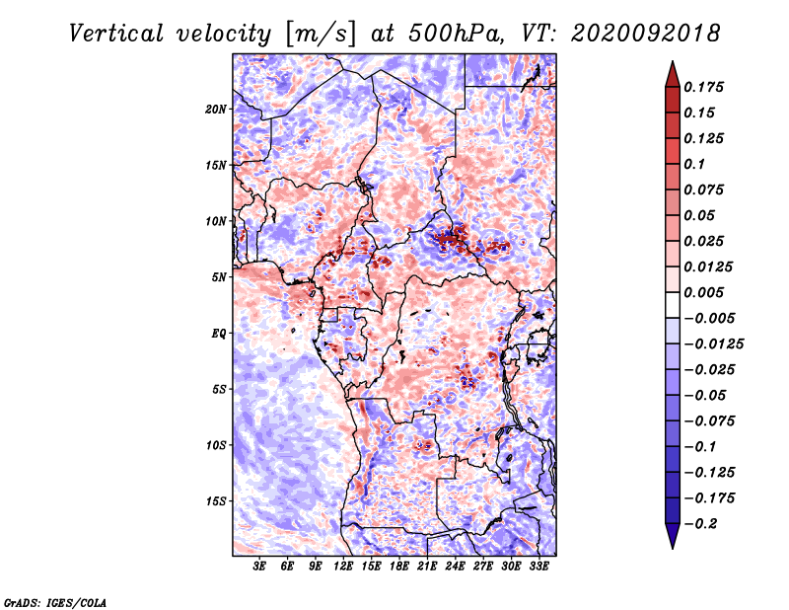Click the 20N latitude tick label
point(216,110)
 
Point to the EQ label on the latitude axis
point(219,334)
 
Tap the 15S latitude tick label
point(216,501)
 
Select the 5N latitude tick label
point(219,277)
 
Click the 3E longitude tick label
point(259,566)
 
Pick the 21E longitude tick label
point(427,566)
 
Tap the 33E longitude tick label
point(538,566)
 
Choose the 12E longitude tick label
point(342,566)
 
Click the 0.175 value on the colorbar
point(703,87)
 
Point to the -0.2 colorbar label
point(701,524)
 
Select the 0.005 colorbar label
point(703,292)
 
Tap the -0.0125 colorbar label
point(713,344)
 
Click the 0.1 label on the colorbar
point(694,164)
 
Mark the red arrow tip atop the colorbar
point(673,62)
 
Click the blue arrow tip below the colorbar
point(673,548)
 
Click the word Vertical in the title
point(116,34)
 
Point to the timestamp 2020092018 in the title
point(646,34)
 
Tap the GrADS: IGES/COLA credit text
point(55,603)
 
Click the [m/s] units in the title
point(321,35)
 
